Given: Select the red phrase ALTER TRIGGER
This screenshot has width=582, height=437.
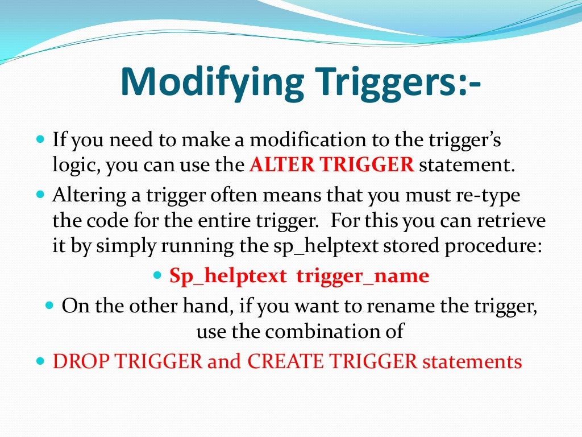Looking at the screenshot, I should point(331,166).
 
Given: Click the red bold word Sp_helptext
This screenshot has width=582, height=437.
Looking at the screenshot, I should point(228,277).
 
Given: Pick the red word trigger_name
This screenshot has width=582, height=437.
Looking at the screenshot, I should point(363,277).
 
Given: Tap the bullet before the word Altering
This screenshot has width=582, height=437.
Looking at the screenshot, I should point(40,194).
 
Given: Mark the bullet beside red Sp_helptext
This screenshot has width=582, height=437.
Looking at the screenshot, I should point(158,275).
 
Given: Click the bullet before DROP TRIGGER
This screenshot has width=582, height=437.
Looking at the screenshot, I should point(40,361).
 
